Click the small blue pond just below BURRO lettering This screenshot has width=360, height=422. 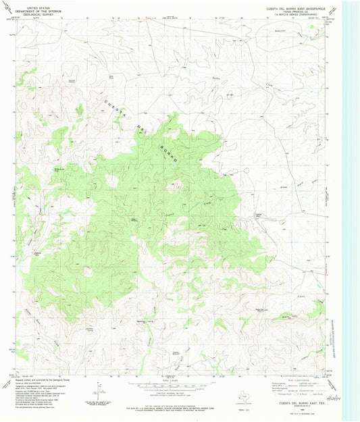click(x=172, y=164)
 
